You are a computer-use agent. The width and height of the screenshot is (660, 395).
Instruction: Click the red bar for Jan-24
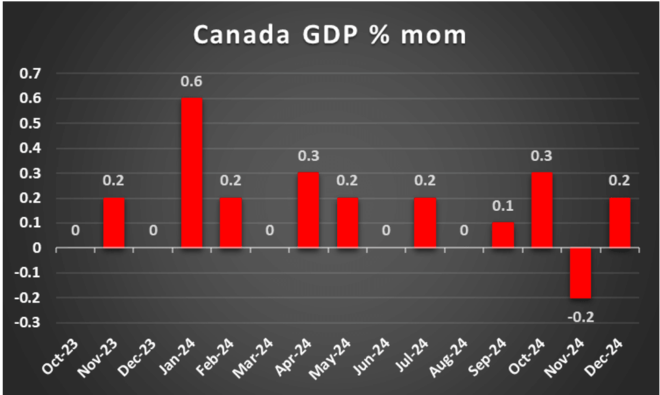192,173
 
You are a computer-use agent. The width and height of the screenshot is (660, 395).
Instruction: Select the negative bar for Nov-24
580,272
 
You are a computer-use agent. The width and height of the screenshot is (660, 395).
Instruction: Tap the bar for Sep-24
503,235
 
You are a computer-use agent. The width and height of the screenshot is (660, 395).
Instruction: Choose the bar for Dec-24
619,222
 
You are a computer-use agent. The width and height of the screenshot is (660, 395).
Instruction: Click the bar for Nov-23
114,222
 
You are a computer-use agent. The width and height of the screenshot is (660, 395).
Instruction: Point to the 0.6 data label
192,82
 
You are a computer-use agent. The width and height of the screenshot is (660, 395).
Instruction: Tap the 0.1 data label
503,206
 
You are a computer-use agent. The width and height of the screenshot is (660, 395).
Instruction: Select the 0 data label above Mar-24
269,231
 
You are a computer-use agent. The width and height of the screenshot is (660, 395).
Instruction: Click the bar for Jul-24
425,222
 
